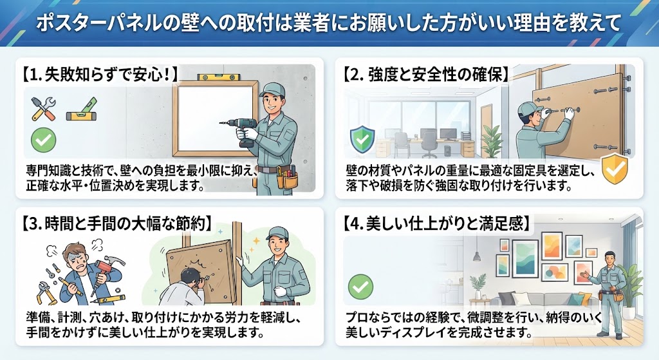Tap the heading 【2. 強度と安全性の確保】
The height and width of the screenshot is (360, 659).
425,75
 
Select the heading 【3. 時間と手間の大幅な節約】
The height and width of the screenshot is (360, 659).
115,223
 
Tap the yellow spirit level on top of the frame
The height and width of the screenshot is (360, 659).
219,77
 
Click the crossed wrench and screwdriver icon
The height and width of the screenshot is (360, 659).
44,108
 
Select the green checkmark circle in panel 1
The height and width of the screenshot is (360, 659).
43,140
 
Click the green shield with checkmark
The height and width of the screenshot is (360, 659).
362,139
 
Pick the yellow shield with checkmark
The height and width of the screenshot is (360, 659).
615,169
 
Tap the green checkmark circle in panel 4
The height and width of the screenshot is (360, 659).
360,287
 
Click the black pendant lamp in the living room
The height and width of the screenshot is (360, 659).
477,255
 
